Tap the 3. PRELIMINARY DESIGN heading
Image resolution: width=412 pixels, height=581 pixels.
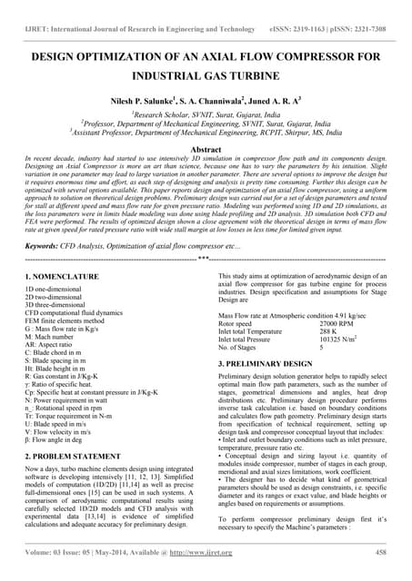coord(273,364)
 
